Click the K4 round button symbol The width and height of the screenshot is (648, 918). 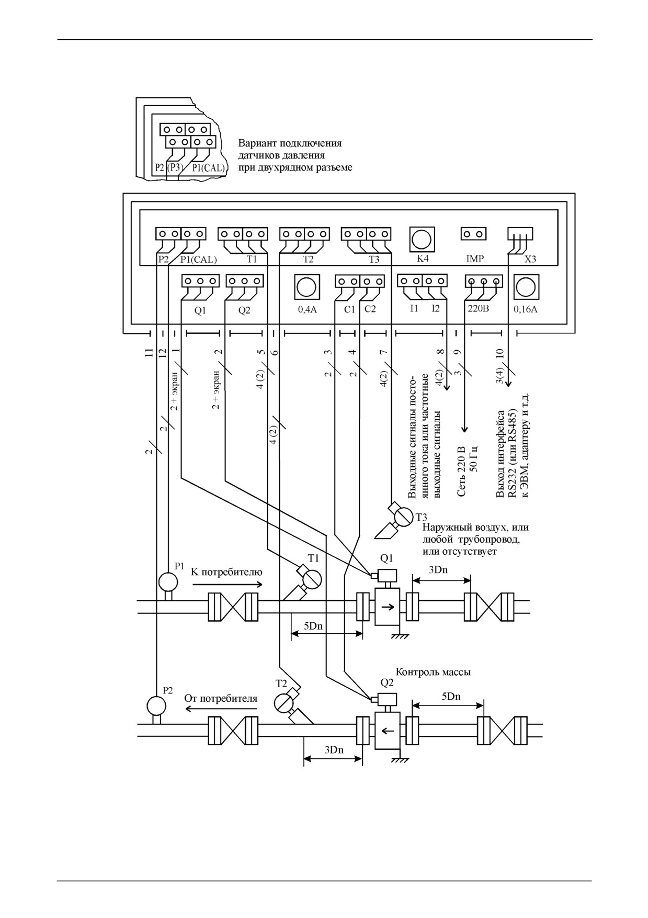point(422,239)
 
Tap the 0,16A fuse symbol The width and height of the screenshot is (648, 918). point(526,287)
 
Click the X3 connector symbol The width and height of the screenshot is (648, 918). point(520,233)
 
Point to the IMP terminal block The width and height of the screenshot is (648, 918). point(473,233)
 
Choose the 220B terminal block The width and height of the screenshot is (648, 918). point(484,282)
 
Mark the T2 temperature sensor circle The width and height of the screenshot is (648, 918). point(284,702)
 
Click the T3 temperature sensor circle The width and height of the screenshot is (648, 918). point(404,516)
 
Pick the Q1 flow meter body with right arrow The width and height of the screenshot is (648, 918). point(388,606)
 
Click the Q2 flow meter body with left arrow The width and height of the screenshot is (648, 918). point(388,731)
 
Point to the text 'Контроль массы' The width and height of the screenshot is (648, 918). point(433,671)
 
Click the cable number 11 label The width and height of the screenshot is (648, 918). point(150,352)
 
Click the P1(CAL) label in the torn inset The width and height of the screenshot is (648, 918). point(208,168)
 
